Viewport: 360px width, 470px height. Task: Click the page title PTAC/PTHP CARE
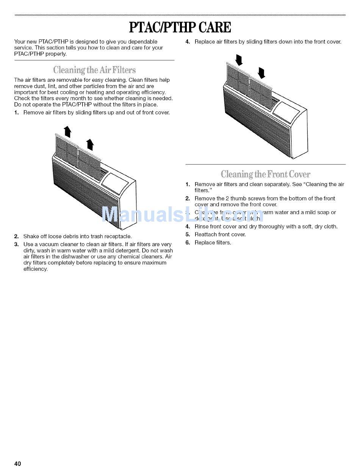tap(180, 28)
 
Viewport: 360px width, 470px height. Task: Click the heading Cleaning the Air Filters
tap(94, 70)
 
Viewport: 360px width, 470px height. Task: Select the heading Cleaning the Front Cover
tap(265, 175)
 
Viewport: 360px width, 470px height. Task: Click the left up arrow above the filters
tap(67, 131)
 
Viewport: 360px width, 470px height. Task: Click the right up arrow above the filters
tap(90, 144)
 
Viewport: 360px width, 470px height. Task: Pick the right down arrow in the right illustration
tap(261, 72)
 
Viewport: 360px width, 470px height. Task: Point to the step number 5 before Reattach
tap(187, 234)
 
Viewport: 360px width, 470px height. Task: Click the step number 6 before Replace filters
tap(187, 242)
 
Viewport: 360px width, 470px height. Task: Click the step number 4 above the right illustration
tap(187, 42)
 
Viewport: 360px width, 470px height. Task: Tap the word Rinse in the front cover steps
tap(201, 226)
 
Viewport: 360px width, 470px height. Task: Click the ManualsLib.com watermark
tap(183, 215)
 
